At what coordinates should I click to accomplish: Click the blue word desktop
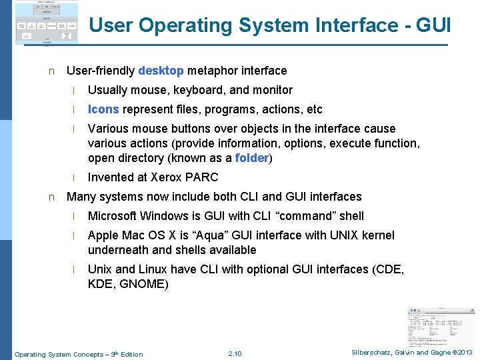point(161,71)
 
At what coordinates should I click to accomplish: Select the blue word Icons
point(103,109)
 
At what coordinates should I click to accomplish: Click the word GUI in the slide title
point(433,25)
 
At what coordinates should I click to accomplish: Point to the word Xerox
point(166,177)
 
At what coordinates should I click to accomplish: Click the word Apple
point(104,235)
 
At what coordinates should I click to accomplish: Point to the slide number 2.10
point(235,353)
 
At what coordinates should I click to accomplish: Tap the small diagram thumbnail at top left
point(45,23)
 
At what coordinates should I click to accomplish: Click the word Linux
point(153,269)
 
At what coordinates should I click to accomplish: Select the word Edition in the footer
point(130,354)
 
